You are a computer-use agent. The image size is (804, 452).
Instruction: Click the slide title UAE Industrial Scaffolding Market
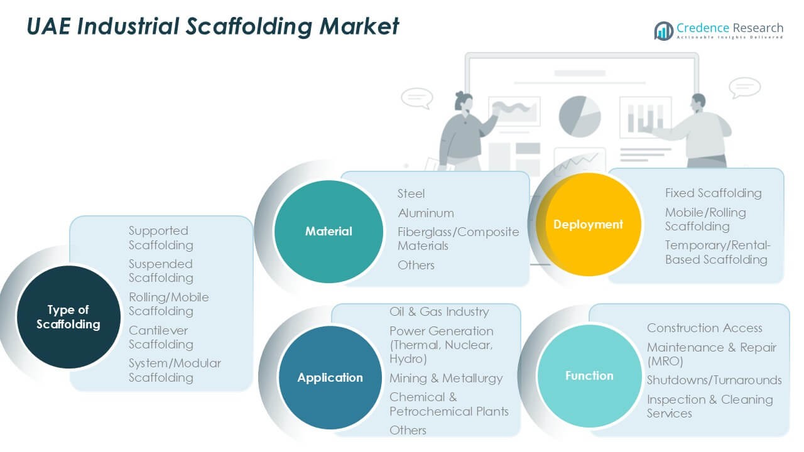pos(213,26)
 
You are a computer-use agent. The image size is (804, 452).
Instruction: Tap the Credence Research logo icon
pos(663,30)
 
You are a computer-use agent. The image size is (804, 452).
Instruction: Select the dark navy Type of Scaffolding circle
pos(68,317)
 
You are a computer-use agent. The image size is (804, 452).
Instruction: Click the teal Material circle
pos(329,232)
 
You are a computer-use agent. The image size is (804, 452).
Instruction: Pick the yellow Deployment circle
pos(588,224)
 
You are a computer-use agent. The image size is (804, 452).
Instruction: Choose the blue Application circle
pos(330,377)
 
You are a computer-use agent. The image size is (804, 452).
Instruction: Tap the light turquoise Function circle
pos(589,375)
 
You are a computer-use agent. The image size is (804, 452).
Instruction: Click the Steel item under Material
pos(411,193)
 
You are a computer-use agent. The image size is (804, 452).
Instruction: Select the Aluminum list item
pos(426,213)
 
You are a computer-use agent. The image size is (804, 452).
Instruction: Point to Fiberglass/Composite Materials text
pos(458,239)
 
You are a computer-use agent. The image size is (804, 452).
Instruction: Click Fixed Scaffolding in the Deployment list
pos(713,193)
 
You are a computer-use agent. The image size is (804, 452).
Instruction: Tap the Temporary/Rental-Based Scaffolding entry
pos(717,252)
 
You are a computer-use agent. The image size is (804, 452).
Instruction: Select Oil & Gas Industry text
pos(438,311)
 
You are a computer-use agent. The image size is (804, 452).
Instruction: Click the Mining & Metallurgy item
pos(446,378)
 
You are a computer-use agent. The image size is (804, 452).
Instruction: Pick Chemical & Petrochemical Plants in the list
pos(448,404)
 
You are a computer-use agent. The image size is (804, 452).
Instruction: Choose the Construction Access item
pos(704,328)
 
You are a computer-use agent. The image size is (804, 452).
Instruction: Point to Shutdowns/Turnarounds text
pos(714,380)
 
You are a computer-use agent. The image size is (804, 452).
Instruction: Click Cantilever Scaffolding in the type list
pos(161,337)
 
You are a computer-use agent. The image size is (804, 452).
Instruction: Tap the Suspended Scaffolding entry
pos(161,271)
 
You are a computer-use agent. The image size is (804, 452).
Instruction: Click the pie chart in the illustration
pos(580,116)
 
